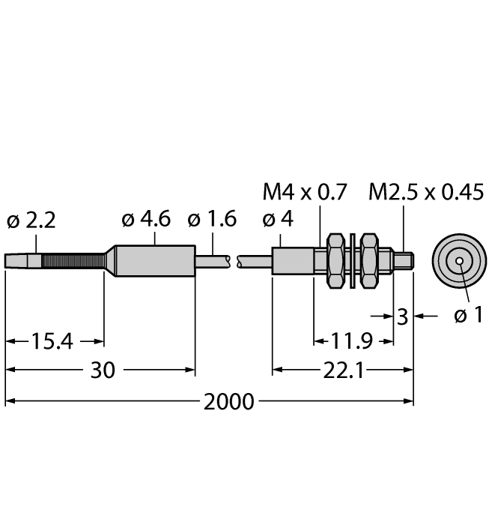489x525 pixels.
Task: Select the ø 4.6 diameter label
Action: [x=146, y=219]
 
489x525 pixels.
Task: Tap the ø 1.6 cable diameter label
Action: [x=212, y=219]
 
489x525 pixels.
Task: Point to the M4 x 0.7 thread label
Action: [x=305, y=192]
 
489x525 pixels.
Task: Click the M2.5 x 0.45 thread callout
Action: [x=426, y=192]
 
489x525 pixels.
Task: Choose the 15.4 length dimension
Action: [x=52, y=341]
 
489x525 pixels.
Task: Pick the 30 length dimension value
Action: [x=103, y=370]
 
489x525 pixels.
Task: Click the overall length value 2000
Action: [x=229, y=402]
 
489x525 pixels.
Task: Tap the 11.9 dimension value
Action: [x=352, y=341]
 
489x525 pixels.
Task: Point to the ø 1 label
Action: [x=469, y=315]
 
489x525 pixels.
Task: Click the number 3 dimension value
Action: [x=402, y=316]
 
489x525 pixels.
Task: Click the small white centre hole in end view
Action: [x=459, y=261]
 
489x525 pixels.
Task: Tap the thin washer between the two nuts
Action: [x=352, y=260]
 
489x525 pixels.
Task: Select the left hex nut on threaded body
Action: [x=335, y=261]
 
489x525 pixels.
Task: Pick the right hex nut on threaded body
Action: [x=369, y=261]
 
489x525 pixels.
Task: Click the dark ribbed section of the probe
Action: [x=73, y=261]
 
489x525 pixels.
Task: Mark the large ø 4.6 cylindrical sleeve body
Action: [x=155, y=261]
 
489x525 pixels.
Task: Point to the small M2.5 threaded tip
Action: [x=403, y=261]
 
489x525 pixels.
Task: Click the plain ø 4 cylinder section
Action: [x=293, y=261]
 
